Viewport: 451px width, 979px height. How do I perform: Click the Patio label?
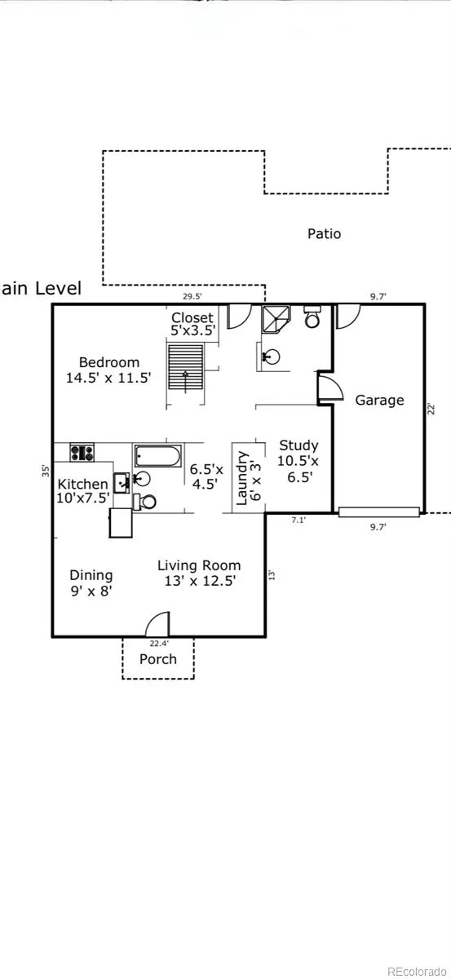pyautogui.click(x=324, y=233)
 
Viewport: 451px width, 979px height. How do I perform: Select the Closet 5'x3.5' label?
pyautogui.click(x=192, y=324)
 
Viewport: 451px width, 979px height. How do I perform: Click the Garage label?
pyautogui.click(x=379, y=401)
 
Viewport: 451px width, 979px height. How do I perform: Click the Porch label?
pyautogui.click(x=157, y=658)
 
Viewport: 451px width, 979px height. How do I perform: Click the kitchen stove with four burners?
pyautogui.click(x=82, y=452)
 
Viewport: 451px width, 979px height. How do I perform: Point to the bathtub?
pyautogui.click(x=157, y=456)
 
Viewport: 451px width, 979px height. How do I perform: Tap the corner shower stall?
pyautogui.click(x=276, y=319)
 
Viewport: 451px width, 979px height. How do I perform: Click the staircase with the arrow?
pyautogui.click(x=186, y=367)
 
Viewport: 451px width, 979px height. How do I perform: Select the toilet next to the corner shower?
pyautogui.click(x=312, y=317)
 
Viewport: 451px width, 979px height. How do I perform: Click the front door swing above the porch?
pyautogui.click(x=157, y=624)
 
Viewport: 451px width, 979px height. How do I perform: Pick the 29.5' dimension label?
pyautogui.click(x=192, y=296)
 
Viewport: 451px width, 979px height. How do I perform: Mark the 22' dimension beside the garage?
pyautogui.click(x=431, y=409)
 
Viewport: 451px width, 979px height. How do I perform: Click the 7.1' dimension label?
pyautogui.click(x=298, y=520)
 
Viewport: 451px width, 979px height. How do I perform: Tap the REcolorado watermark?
pyautogui.click(x=417, y=971)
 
